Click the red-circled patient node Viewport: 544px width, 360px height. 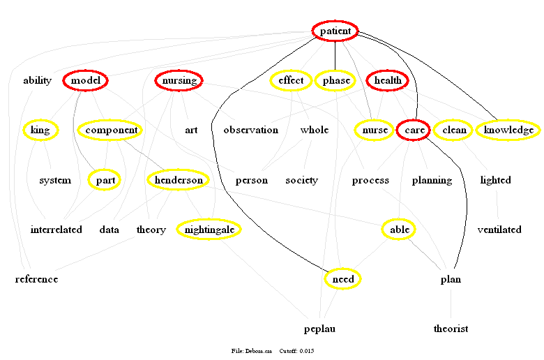click(335, 31)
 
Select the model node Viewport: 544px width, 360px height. click(86, 81)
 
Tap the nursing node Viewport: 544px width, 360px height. click(179, 81)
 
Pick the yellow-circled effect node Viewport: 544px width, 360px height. click(291, 81)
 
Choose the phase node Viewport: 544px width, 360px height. click(336, 81)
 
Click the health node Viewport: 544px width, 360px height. click(388, 81)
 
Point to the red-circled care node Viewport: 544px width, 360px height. click(413, 130)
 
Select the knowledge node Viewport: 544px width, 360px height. click(508, 130)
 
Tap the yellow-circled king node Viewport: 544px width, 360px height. click(40, 130)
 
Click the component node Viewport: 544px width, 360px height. click(109, 130)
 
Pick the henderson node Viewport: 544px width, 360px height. click(179, 180)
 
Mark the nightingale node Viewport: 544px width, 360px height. click(209, 229)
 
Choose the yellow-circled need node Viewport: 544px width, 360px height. click(343, 279)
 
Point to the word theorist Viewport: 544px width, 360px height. click(451, 329)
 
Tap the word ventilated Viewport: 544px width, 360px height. click(499, 229)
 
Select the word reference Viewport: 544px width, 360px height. click(36, 279)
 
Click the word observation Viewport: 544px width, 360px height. click(250, 130)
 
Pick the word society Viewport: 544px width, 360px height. click(301, 180)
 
